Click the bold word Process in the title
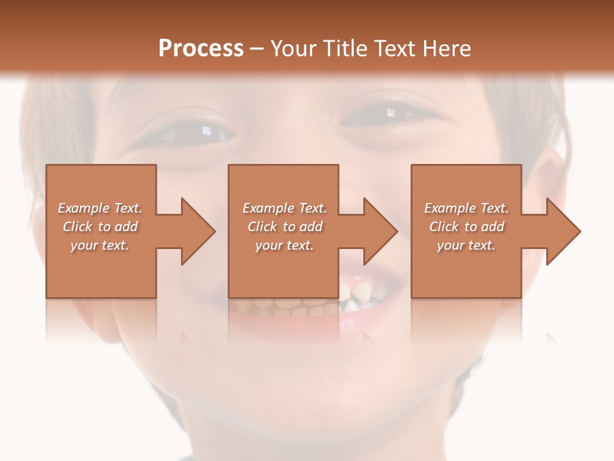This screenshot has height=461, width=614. pos(201,49)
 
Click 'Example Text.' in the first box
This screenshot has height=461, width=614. pos(100,208)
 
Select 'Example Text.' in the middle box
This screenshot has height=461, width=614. pos(285,208)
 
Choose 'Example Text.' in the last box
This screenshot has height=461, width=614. pos(466,208)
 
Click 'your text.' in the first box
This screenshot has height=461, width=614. pos(100,245)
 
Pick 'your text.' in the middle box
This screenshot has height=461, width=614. pos(285,245)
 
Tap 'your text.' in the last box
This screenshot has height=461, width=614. pos(466,245)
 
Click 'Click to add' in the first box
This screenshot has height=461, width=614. pos(100,227)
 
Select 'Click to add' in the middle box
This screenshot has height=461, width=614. pos(285,227)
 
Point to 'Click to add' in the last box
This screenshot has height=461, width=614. pos(466,227)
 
